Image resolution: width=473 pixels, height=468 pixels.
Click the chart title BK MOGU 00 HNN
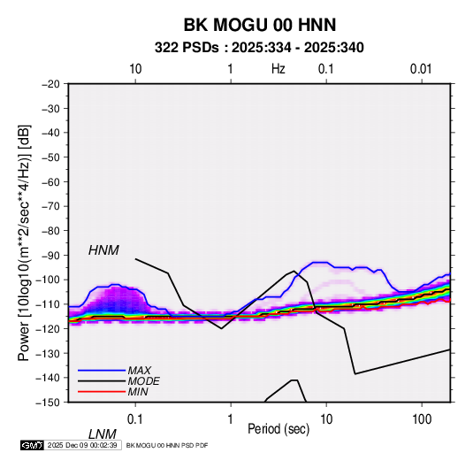pyautogui.click(x=260, y=25)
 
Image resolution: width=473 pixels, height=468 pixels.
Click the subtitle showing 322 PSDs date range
pyautogui.click(x=259, y=48)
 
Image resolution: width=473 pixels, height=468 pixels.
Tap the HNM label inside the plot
pyautogui.click(x=103, y=250)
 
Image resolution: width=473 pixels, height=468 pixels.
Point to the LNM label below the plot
pyautogui.click(x=102, y=434)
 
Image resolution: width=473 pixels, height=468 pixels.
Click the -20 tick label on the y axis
pyautogui.click(x=50, y=84)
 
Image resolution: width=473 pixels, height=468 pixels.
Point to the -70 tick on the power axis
pyautogui.click(x=50, y=206)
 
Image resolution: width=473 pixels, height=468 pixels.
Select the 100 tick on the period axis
pyautogui.click(x=422, y=418)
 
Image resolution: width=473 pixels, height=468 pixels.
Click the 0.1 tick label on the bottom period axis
pyautogui.click(x=135, y=418)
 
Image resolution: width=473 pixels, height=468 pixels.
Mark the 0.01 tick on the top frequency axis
pyautogui.click(x=421, y=69)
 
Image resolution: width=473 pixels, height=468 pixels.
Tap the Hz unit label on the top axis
pyautogui.click(x=278, y=69)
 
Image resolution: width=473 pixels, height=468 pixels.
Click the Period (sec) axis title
pyautogui.click(x=278, y=429)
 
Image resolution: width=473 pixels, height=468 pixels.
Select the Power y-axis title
pyautogui.click(x=24, y=242)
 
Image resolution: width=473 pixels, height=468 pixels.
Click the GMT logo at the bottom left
pyautogui.click(x=33, y=445)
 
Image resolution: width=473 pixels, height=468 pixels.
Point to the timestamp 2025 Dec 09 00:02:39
pyautogui.click(x=82, y=445)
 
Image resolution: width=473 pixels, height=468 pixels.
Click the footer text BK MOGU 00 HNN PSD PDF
pyautogui.click(x=167, y=445)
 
